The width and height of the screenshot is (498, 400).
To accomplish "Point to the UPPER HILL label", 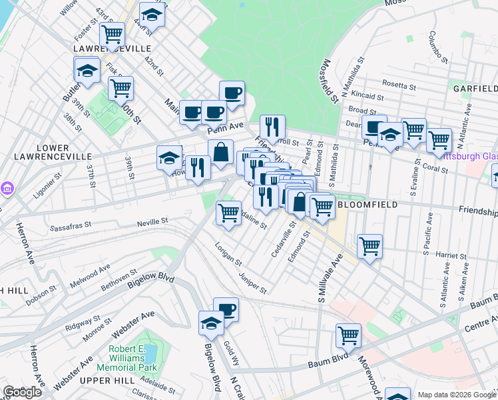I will click(x=99, y=380).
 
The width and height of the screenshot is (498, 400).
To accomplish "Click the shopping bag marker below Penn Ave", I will click(x=220, y=153).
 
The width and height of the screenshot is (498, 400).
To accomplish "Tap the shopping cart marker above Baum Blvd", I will click(x=348, y=335).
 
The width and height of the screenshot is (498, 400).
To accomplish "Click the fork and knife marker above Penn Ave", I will click(x=272, y=126).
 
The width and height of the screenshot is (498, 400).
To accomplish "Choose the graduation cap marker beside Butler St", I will click(x=87, y=70).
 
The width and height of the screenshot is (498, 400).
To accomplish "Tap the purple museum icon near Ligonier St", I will click(x=7, y=188).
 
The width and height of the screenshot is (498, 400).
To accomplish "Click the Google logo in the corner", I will click(x=23, y=392).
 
